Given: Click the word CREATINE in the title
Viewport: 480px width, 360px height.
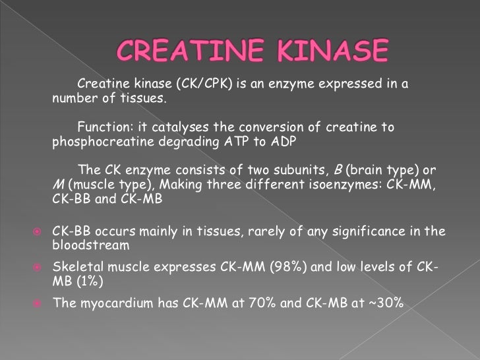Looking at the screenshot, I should pyautogui.click(x=181, y=50).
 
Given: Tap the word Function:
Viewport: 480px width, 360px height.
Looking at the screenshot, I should pyautogui.click(x=105, y=127).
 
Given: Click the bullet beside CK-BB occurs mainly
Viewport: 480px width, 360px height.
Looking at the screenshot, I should pyautogui.click(x=37, y=231).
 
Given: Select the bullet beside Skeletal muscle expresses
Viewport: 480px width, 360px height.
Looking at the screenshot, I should pyautogui.click(x=37, y=267).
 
